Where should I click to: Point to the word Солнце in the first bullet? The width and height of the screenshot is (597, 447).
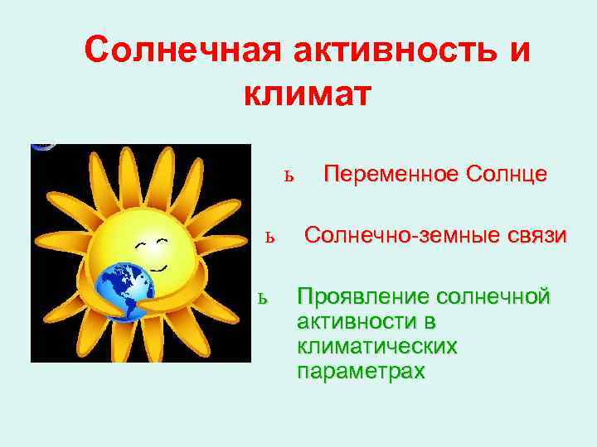506,174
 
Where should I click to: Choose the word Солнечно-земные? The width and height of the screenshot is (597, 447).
403,235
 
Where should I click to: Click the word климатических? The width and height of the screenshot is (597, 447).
377,346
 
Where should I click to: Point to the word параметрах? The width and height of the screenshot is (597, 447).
361,372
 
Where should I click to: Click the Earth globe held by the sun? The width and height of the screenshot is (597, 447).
124,291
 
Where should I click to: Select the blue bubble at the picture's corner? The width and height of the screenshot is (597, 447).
42,146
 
